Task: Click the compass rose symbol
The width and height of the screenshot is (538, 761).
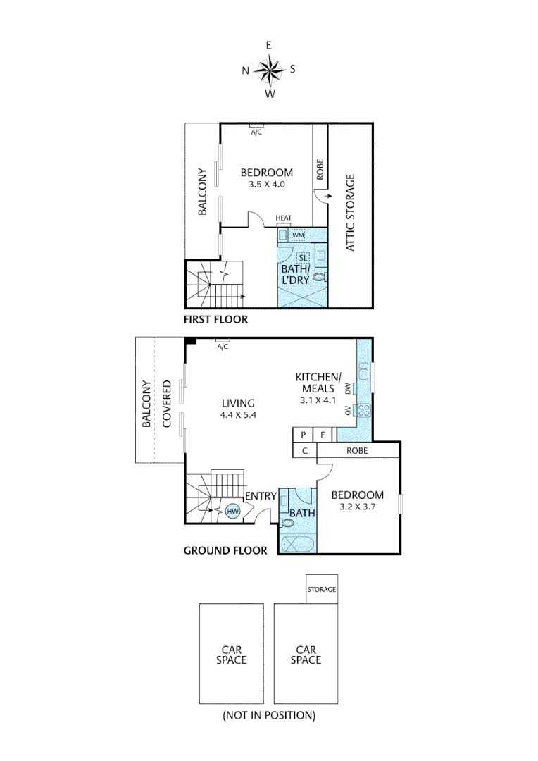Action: pos(269,70)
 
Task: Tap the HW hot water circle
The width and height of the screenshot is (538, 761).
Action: pos(233,511)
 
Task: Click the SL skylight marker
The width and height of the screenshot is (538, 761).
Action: pos(303,258)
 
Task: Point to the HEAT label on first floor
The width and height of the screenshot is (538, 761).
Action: pos(284,218)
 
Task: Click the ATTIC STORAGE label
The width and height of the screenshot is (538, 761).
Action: pos(350,212)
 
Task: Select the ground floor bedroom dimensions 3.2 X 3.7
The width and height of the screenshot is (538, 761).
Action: pos(357,506)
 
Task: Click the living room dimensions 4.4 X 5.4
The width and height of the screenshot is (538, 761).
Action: pos(238,415)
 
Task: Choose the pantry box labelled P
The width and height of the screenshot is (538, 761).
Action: pos(303,435)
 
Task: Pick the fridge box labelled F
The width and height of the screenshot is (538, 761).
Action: pos(323,435)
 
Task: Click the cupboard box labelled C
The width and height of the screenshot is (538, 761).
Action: pos(304,451)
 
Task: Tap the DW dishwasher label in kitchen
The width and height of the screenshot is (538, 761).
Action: pos(348,388)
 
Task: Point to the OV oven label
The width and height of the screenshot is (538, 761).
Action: pos(348,410)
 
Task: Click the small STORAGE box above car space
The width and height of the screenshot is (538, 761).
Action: pos(322,589)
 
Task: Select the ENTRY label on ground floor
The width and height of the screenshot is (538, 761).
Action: pos(260,497)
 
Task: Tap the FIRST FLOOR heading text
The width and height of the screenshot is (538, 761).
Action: pos(215,319)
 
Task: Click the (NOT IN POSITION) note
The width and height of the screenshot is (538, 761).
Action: pos(269,715)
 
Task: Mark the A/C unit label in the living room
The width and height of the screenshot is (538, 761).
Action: pos(223,347)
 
